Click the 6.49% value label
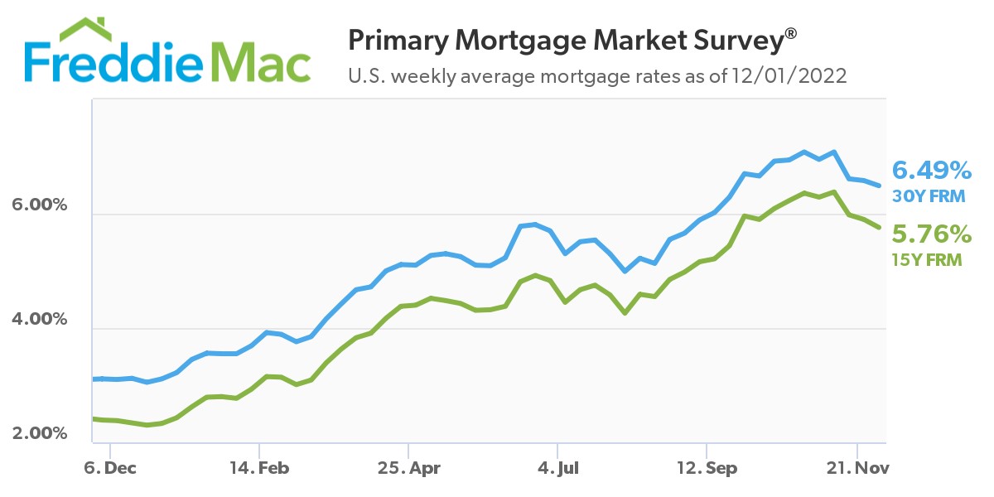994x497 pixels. pos(931,171)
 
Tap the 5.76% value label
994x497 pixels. pos(931,234)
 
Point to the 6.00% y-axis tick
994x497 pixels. pos(37,204)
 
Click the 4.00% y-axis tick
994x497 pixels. pos(37,319)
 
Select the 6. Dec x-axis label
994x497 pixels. pos(110,468)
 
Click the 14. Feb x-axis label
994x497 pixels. pos(259,468)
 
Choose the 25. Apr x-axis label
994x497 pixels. pos(408,468)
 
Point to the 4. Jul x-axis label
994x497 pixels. pos(557,468)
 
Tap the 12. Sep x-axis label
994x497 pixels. pos(706,468)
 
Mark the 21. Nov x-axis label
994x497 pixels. pos(856,468)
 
